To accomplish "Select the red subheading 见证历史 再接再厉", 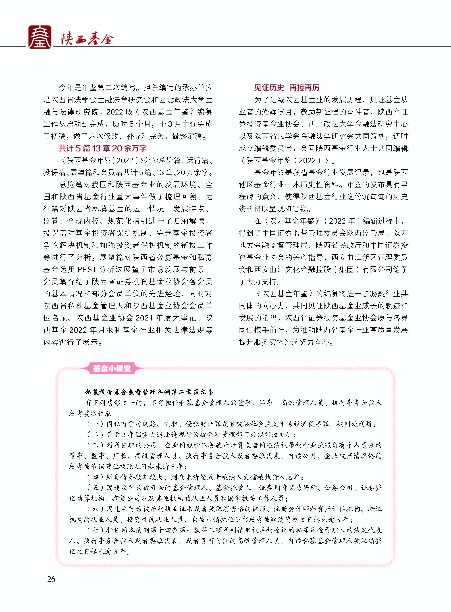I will click(287, 88).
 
